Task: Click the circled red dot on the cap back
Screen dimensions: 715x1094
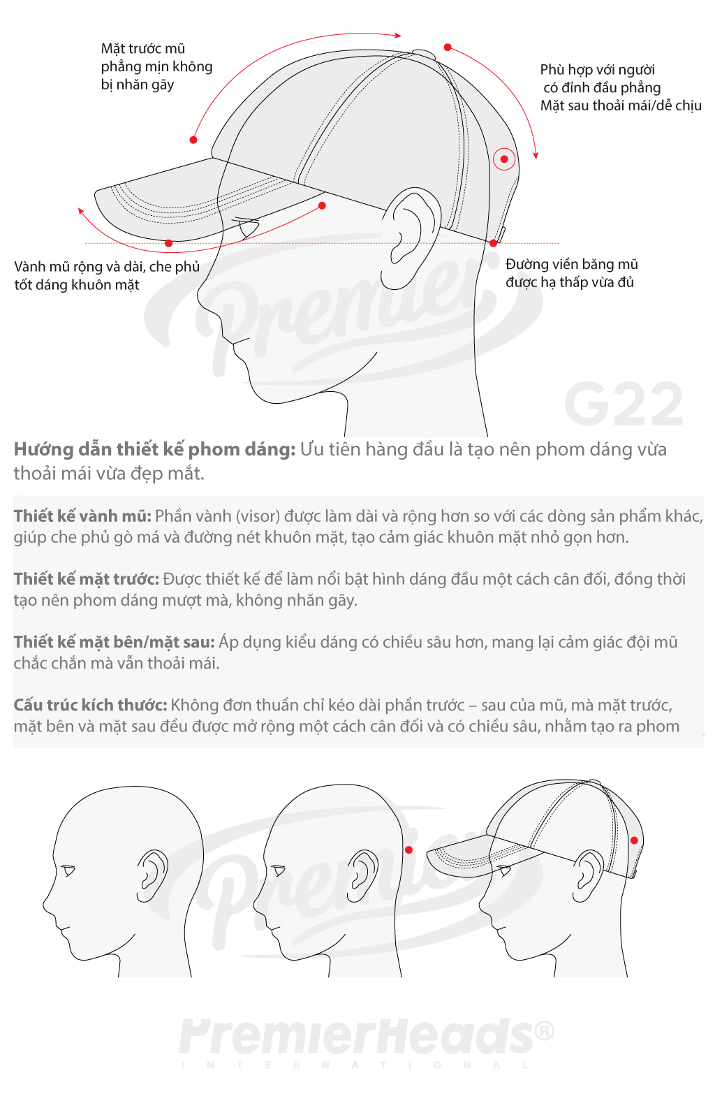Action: (x=503, y=159)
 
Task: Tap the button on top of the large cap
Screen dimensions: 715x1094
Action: (x=424, y=53)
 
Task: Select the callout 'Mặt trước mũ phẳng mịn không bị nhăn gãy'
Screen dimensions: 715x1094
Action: (x=156, y=66)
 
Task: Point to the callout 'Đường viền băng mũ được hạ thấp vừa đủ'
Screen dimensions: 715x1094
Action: (x=572, y=273)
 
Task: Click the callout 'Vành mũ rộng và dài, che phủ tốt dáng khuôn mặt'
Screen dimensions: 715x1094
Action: (x=107, y=275)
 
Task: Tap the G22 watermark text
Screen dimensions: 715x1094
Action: (x=624, y=404)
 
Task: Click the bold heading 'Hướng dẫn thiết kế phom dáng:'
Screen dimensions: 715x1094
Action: (x=154, y=449)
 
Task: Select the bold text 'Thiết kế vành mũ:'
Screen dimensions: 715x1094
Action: (x=82, y=516)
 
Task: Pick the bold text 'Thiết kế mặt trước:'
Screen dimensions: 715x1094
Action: (x=87, y=579)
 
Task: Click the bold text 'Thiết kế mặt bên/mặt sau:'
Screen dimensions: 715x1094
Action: (x=115, y=642)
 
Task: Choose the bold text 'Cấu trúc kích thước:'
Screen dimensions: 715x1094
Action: (x=90, y=706)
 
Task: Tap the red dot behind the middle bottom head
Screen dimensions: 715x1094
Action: (x=409, y=850)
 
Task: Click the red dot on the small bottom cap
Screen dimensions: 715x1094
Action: (x=634, y=840)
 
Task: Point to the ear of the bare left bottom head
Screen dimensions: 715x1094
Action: (x=152, y=876)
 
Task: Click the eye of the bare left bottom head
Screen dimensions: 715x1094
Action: (x=68, y=870)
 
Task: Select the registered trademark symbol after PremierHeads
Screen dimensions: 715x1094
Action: (x=544, y=1031)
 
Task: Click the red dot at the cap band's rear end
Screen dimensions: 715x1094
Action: (x=494, y=243)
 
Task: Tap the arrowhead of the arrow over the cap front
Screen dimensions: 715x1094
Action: (x=398, y=35)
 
